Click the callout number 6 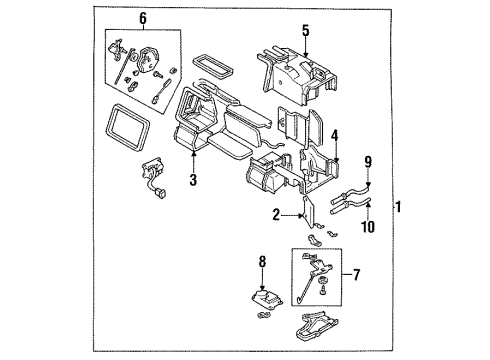point(143,19)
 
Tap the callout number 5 point(305,31)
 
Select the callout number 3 point(193,180)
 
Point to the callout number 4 point(334,136)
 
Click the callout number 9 point(368,162)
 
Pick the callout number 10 point(368,227)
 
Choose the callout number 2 point(276,215)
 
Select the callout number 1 point(398,207)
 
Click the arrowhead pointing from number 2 point(301,216)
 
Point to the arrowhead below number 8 point(263,288)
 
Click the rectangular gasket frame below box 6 point(128,127)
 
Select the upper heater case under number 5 point(297,75)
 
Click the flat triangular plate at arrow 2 point(309,212)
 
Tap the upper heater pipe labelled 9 point(350,194)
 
